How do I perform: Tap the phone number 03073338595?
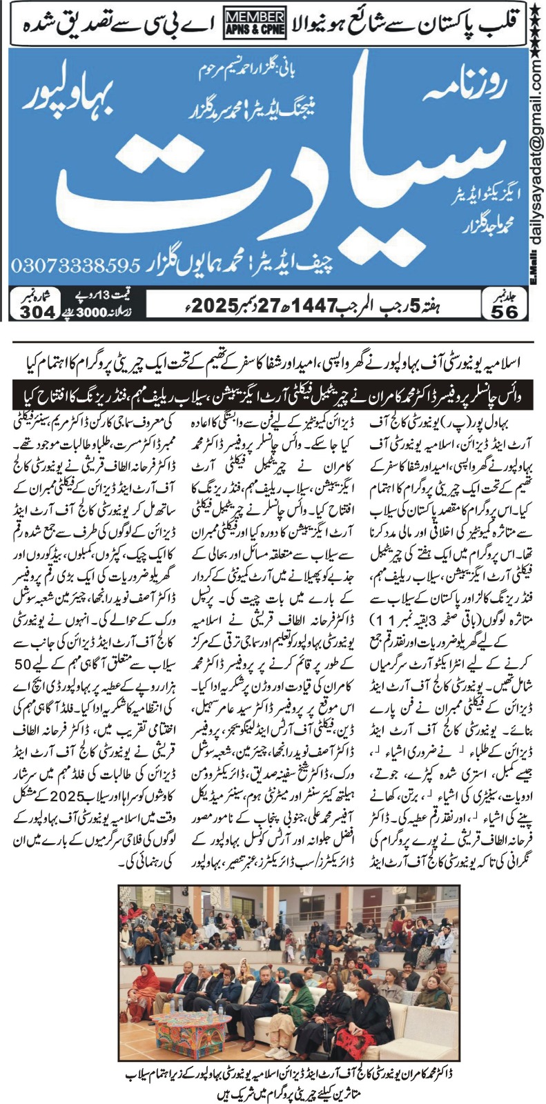tap(76, 265)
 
